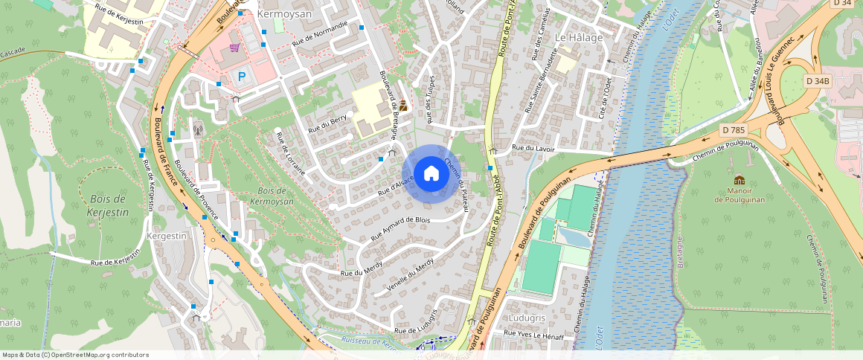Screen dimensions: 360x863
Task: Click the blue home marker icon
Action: point(431,173)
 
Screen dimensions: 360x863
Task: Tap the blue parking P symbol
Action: point(242,75)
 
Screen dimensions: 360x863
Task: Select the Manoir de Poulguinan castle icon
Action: point(739,180)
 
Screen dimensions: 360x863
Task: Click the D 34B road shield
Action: point(817,80)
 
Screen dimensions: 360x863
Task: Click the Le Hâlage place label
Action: point(579,36)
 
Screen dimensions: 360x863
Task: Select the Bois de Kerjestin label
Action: point(109,205)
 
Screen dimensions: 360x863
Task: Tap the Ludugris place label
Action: point(526,318)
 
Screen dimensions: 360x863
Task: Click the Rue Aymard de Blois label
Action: point(400,230)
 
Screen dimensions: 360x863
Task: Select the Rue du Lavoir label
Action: point(534,148)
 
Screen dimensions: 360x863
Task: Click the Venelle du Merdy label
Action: point(410,276)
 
